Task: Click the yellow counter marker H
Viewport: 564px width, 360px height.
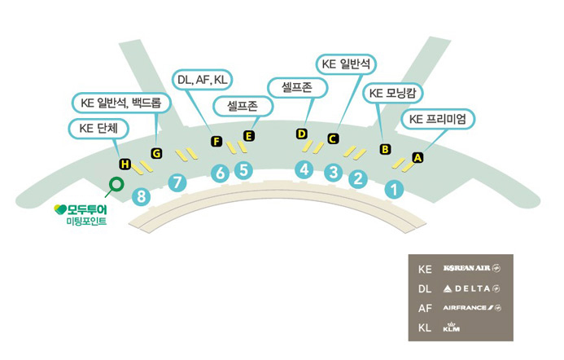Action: click(x=125, y=165)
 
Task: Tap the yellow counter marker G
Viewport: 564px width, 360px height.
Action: click(x=157, y=153)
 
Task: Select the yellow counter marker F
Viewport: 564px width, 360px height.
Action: click(x=216, y=141)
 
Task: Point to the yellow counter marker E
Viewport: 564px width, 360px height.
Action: click(x=249, y=135)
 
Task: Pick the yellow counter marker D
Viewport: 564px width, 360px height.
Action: click(x=301, y=134)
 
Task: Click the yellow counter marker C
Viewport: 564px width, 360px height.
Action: click(x=332, y=138)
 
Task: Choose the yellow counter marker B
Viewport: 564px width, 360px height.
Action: click(x=386, y=148)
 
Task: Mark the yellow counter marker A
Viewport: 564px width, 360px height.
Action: click(x=418, y=157)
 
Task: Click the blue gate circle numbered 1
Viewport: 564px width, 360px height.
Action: click(x=395, y=190)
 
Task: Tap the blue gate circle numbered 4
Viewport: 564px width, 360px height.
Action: click(x=304, y=169)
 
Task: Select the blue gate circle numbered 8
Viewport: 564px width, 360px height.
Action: click(x=143, y=195)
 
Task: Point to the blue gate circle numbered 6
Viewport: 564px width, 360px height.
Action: click(x=219, y=173)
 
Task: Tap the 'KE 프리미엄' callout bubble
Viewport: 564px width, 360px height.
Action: click(x=438, y=119)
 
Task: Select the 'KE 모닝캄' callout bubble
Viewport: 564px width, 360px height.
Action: click(x=392, y=94)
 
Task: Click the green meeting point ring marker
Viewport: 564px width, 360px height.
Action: click(x=116, y=184)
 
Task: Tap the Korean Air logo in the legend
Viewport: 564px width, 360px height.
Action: click(x=472, y=268)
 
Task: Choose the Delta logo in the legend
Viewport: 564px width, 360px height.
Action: click(x=472, y=288)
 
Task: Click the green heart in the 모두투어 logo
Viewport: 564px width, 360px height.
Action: click(x=59, y=209)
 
